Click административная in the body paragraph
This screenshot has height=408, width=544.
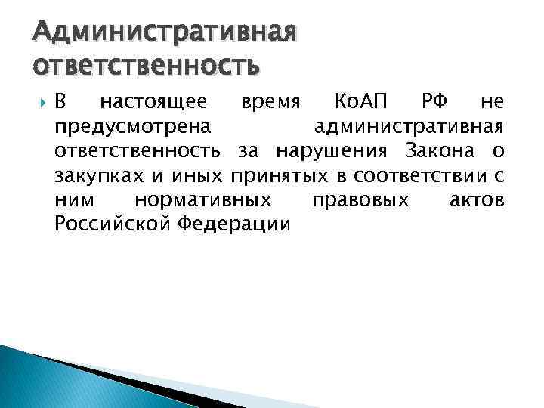pos(409,126)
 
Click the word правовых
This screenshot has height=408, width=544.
pos(360,200)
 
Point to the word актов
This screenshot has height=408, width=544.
pos(476,200)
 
